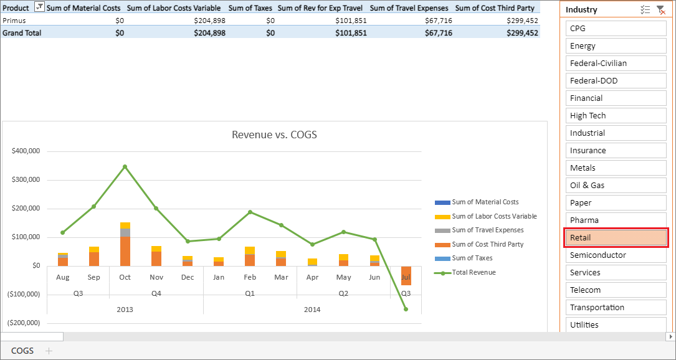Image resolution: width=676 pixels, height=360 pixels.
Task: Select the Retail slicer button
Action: pos(616,237)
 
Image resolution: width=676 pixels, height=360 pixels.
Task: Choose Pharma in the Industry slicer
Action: pos(616,220)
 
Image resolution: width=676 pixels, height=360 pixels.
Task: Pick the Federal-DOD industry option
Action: pos(616,80)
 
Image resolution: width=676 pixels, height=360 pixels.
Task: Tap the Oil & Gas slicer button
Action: pos(616,185)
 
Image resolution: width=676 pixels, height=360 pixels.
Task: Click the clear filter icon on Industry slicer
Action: pos(660,10)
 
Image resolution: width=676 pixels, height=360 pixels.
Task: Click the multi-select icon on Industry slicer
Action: pos(645,10)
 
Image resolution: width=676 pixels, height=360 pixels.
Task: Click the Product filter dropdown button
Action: pos(39,7)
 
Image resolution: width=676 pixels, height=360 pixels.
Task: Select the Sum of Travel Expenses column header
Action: pos(409,8)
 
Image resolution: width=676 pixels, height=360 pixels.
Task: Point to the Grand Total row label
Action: pos(22,33)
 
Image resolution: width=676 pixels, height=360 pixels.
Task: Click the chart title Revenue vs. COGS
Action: pos(274,135)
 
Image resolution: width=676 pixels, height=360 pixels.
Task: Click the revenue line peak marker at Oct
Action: pos(125,166)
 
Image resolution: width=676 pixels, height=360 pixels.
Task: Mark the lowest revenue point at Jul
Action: pos(406,309)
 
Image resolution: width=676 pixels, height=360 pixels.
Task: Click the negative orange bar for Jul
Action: pos(406,275)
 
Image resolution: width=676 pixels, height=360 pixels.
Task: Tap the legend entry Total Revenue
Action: pos(474,272)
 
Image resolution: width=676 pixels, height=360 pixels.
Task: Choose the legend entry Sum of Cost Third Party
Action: pos(487,244)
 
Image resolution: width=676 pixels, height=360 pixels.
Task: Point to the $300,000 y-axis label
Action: pos(26,180)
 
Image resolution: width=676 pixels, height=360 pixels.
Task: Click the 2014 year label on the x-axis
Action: pos(312,310)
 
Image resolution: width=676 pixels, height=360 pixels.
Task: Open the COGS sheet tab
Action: pos(22,351)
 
